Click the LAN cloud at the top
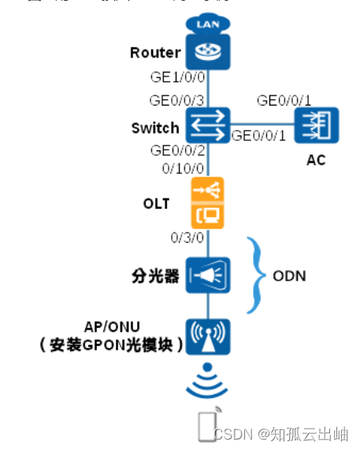pyautogui.click(x=207, y=24)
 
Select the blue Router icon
pyautogui.click(x=207, y=54)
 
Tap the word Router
pyautogui.click(x=155, y=54)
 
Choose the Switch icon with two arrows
pyautogui.click(x=207, y=124)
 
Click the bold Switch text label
pyautogui.click(x=156, y=128)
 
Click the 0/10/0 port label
pyautogui.click(x=183, y=169)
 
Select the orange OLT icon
pyautogui.click(x=207, y=202)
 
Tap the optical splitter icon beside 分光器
pyautogui.click(x=207, y=273)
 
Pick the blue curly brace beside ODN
pyautogui.click(x=257, y=275)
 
